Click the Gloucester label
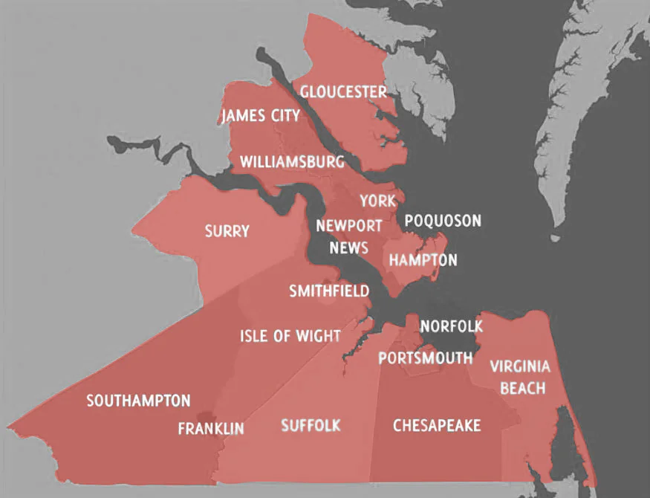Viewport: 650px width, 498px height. [343, 92]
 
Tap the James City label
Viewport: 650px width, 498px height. [261, 116]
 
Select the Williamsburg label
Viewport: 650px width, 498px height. [292, 162]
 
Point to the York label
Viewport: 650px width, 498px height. [377, 201]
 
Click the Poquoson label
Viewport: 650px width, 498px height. [443, 221]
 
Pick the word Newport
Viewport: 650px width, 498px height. [349, 226]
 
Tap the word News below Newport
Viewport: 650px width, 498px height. [349, 248]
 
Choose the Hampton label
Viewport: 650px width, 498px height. [423, 260]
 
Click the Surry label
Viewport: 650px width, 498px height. [227, 231]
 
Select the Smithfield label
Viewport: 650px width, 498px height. [328, 291]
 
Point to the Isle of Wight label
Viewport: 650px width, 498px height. [290, 336]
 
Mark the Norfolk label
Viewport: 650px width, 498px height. [452, 326]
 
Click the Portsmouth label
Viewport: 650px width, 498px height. [425, 358]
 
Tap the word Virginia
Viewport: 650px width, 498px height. [520, 366]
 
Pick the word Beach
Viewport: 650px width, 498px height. [523, 388]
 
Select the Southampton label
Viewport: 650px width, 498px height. [138, 401]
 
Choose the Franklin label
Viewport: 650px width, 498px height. [211, 429]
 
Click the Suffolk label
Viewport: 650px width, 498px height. [311, 425]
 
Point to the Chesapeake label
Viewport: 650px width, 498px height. [436, 425]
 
